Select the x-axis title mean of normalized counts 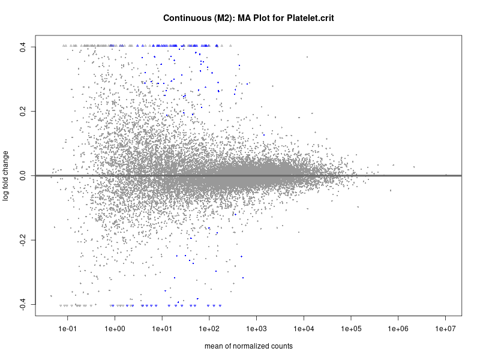pyautogui.click(x=248, y=346)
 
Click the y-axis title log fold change pyautogui.click(x=6, y=176)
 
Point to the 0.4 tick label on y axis pyautogui.click(x=23, y=47)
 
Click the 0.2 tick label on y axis pyautogui.click(x=23, y=111)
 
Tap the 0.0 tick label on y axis pyautogui.click(x=23, y=176)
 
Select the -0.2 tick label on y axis pyautogui.click(x=23, y=240)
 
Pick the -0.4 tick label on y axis pyautogui.click(x=23, y=305)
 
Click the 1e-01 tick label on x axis pyautogui.click(x=67, y=328)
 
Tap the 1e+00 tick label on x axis pyautogui.click(x=115, y=328)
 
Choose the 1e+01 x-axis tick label pyautogui.click(x=162, y=328)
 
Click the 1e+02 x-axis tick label pyautogui.click(x=209, y=328)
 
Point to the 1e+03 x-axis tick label pyautogui.click(x=257, y=328)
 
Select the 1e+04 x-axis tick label pyautogui.click(x=304, y=328)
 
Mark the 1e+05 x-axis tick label pyautogui.click(x=351, y=328)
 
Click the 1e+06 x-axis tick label pyautogui.click(x=398, y=328)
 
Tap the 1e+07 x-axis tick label pyautogui.click(x=446, y=328)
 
